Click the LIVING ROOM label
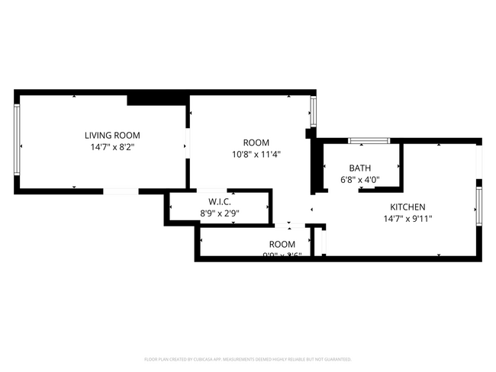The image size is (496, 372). coord(112,135)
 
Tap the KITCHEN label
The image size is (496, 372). coord(407,207)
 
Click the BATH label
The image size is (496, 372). coord(360,168)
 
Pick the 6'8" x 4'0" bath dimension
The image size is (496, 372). coord(360,181)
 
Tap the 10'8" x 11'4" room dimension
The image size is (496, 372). coord(256,154)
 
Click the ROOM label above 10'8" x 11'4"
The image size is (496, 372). coord(256,143)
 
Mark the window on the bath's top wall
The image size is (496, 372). coord(369,141)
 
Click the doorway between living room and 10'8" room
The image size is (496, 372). coord(188,143)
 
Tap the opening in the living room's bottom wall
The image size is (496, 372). coord(120,191)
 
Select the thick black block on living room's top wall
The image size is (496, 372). coord(157,98)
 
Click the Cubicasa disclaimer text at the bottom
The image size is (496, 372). coord(248,358)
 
